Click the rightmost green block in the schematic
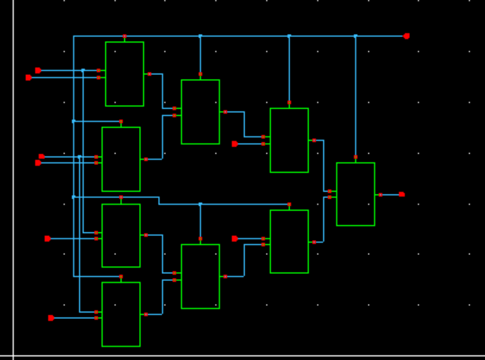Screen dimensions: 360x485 click(x=355, y=194)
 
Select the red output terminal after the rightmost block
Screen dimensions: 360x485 click(x=401, y=194)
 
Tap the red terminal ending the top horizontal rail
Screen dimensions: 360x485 click(x=407, y=36)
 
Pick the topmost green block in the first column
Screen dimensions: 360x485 click(x=124, y=74)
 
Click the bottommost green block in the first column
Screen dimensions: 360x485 click(x=121, y=314)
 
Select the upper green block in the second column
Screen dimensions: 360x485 click(x=200, y=112)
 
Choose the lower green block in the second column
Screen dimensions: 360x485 click(x=200, y=276)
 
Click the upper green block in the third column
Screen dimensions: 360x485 click(x=289, y=141)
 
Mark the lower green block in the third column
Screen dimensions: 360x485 click(x=289, y=242)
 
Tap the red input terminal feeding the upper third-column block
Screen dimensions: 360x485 click(x=235, y=144)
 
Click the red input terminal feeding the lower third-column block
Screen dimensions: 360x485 click(x=235, y=238)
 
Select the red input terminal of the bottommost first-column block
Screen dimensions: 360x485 click(x=51, y=318)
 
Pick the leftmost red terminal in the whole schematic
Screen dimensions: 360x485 click(x=28, y=77)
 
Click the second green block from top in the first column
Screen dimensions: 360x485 click(x=121, y=159)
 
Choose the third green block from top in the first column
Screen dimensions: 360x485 click(x=121, y=235)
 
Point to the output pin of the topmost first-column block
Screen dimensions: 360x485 click(x=149, y=74)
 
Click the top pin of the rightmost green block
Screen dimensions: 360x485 click(x=355, y=157)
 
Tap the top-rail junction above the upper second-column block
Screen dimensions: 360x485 click(x=200, y=36)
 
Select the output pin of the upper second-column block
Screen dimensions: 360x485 click(x=225, y=112)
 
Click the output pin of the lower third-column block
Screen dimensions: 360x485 click(x=314, y=242)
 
